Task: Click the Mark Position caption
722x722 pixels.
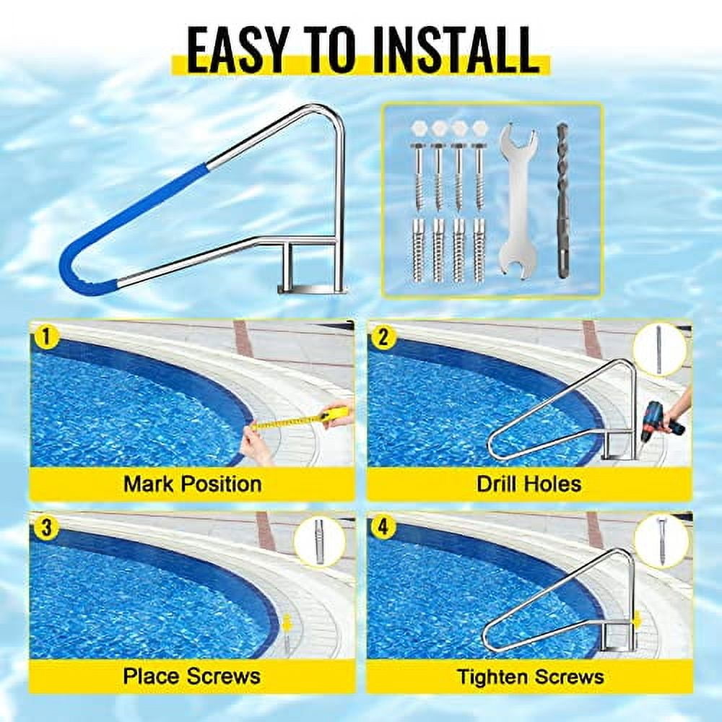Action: click(192, 483)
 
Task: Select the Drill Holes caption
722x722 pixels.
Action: click(529, 483)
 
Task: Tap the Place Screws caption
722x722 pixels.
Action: click(192, 676)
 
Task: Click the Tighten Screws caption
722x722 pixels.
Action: click(530, 677)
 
